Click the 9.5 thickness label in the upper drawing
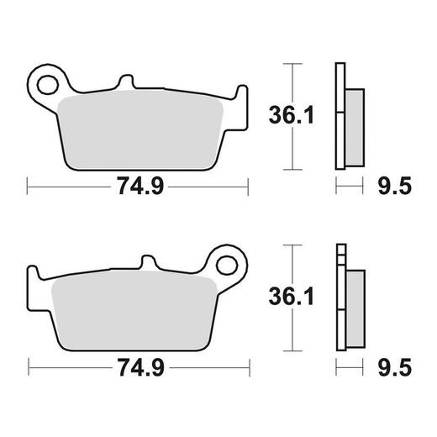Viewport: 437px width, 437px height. pos(395,187)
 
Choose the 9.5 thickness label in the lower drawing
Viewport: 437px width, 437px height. pos(395,368)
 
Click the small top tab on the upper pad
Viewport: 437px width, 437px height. pos(127,84)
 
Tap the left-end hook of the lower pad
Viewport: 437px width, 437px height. pos(34,277)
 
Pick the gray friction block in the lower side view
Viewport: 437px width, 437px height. pos(353,308)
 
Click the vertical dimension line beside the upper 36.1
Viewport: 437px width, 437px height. pos(292,116)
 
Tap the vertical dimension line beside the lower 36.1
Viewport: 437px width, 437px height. pos(292,298)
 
